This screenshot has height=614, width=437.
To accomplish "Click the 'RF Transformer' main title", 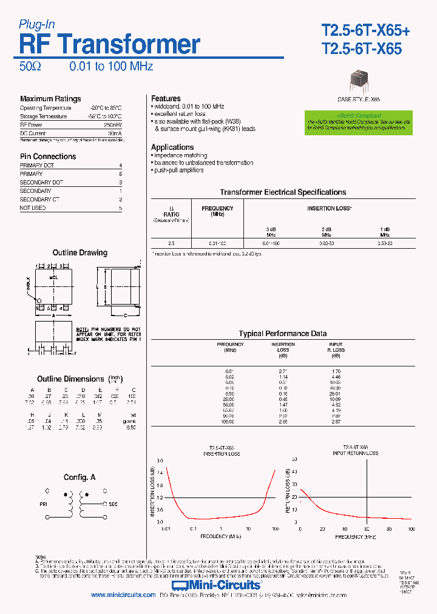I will coord(110,44).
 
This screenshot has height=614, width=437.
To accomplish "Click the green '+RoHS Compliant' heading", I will coord(359,115).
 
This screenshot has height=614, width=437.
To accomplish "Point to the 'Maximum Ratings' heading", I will coord(50,99).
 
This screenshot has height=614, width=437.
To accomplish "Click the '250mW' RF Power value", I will coord(114,124).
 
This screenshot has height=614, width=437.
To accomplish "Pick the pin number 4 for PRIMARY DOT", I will coord(121,166).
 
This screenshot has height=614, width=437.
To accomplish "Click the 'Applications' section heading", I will coord(172,147).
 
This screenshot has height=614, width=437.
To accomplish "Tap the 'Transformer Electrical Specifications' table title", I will coord(283,192).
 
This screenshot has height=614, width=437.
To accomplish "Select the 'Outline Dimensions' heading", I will coord(70,379).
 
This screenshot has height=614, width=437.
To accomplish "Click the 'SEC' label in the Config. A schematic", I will coord(113,504).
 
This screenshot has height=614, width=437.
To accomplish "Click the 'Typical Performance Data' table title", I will coord(283,334).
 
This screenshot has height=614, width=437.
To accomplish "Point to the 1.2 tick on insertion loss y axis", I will coord(160,497).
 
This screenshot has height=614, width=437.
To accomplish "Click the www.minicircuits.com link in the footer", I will coord(123,595).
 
